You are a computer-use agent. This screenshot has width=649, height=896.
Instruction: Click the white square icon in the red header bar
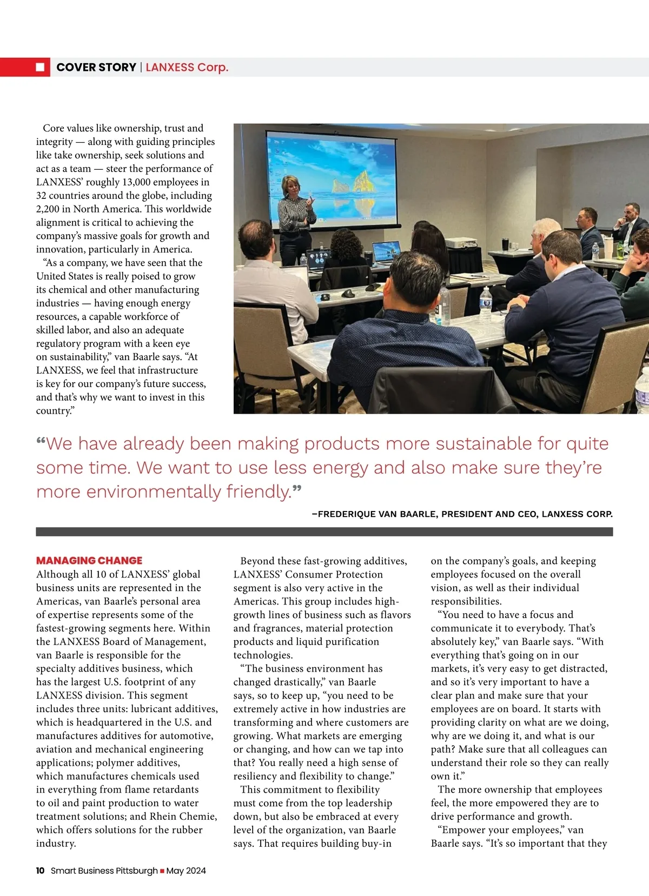[40, 67]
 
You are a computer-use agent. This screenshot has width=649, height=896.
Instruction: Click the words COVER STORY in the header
[96, 67]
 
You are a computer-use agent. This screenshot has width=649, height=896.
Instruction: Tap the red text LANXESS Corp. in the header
[187, 67]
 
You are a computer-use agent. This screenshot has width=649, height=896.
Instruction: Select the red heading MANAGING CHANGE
[89, 560]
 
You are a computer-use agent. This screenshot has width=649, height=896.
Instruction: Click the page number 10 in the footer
[40, 871]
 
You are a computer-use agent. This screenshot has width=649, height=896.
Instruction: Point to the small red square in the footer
[162, 871]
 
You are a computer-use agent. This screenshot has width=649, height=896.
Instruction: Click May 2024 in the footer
[186, 871]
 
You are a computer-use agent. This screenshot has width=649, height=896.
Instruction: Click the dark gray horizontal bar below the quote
[325, 532]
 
